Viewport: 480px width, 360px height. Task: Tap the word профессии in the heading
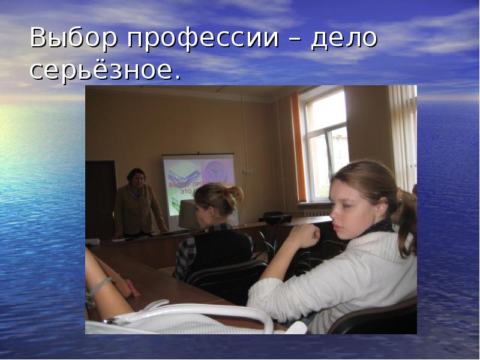point(202,39)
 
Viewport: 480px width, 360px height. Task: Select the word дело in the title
point(344,39)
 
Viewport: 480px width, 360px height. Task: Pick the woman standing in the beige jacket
point(137,204)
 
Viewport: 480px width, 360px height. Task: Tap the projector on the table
point(277,217)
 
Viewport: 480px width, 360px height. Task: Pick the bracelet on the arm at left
point(99,286)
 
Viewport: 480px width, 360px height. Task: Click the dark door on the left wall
point(100,198)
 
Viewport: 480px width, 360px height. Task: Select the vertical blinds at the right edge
point(403,138)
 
